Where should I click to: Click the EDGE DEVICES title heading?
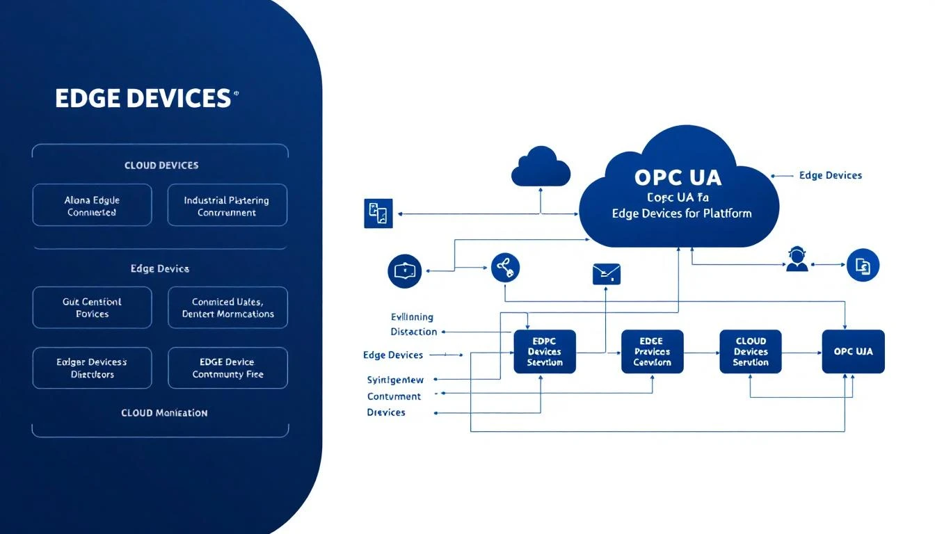tap(143, 98)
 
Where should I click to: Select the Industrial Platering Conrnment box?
tap(227, 206)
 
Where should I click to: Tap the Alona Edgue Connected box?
tap(92, 206)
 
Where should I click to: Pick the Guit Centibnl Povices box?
tap(92, 307)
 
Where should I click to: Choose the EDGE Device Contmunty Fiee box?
tap(227, 368)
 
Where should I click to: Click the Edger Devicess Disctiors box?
tap(92, 368)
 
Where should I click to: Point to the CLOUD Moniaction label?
tap(164, 413)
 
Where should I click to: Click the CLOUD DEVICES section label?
tap(161, 165)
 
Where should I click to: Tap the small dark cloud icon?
tap(541, 167)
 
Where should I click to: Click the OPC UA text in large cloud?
tap(678, 177)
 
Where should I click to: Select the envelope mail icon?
tap(606, 274)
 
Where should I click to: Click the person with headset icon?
tap(797, 259)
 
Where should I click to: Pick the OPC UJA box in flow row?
tap(853, 352)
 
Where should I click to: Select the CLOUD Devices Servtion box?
tap(750, 352)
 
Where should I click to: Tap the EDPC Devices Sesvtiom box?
tap(544, 352)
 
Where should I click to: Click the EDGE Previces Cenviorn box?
tap(652, 352)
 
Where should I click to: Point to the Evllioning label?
tap(412, 317)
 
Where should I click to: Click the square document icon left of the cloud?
tap(378, 213)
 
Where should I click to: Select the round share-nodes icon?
tap(505, 267)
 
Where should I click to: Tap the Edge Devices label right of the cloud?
tap(830, 176)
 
